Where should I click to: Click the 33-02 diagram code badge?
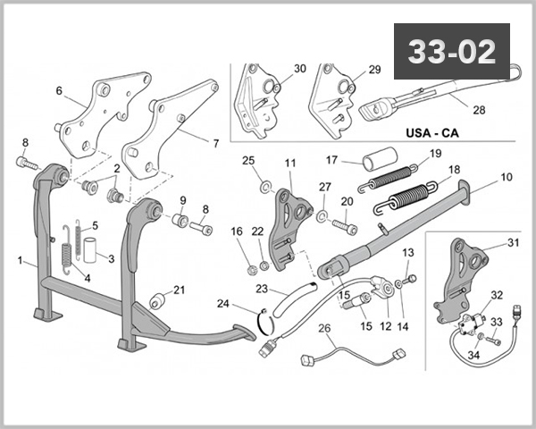pyautogui.click(x=451, y=52)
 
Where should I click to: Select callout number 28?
pyautogui.click(x=479, y=111)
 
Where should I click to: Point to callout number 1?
pyautogui.click(x=21, y=261)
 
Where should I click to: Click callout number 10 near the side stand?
pyautogui.click(x=506, y=178)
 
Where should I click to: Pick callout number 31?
pyautogui.click(x=513, y=243)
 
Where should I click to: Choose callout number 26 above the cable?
pyautogui.click(x=326, y=328)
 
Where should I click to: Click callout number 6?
pyautogui.click(x=59, y=90)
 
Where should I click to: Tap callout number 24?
pyautogui.click(x=222, y=303)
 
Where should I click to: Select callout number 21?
pyautogui.click(x=179, y=290)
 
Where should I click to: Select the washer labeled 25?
pyautogui.click(x=266, y=187)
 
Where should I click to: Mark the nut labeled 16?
pyautogui.click(x=253, y=266)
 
